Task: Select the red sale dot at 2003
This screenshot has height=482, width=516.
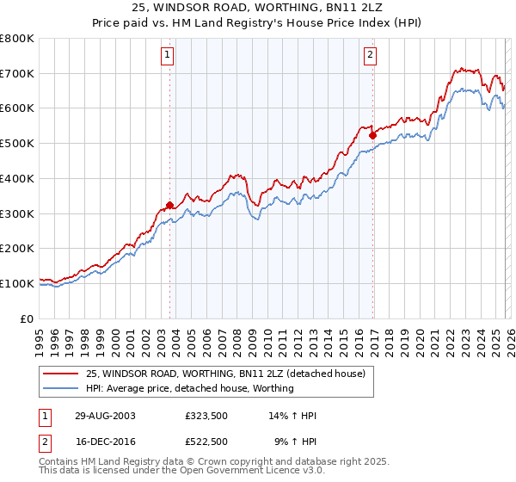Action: coord(170,205)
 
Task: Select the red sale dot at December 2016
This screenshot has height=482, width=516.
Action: coord(372,135)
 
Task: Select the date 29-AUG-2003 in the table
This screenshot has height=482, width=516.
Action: coord(105,416)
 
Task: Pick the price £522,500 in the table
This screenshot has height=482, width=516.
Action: coord(206,442)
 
